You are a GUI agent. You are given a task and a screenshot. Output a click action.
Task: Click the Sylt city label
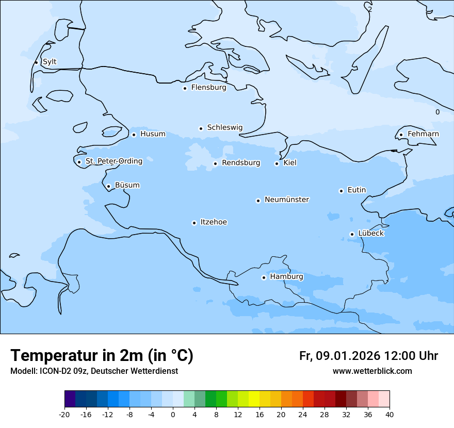pyautogui.click(x=50, y=62)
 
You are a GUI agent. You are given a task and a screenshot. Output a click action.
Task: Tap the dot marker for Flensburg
pyautogui.click(x=185, y=88)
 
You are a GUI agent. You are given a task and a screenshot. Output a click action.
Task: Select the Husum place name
pyautogui.click(x=153, y=134)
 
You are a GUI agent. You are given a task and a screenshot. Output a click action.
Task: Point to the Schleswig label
pyautogui.click(x=224, y=127)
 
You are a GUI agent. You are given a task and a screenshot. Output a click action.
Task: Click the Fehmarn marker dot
pyautogui.click(x=401, y=135)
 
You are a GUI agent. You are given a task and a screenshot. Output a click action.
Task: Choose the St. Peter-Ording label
pyautogui.click(x=113, y=161)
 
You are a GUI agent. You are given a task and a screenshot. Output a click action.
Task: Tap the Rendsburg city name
pyautogui.click(x=240, y=163)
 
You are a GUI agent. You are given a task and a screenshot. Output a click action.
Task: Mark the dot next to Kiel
pyautogui.click(x=277, y=164)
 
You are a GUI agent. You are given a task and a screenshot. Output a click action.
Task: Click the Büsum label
pyautogui.click(x=127, y=185)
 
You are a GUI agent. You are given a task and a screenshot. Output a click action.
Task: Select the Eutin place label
pyautogui.click(x=356, y=190)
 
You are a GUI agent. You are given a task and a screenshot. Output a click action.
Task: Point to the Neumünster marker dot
pyautogui.click(x=258, y=201)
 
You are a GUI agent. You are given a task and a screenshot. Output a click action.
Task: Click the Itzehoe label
pyautogui.click(x=214, y=222)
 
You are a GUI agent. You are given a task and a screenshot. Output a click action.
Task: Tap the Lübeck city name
pyautogui.click(x=370, y=233)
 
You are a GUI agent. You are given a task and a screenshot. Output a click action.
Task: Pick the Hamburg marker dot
pyautogui.click(x=264, y=277)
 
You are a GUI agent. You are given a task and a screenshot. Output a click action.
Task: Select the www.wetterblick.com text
pyautogui.click(x=372, y=371)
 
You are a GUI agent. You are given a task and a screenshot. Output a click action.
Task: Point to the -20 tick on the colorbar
pyautogui.click(x=64, y=415)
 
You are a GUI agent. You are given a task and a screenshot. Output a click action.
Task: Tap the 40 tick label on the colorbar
pyautogui.click(x=389, y=415)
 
